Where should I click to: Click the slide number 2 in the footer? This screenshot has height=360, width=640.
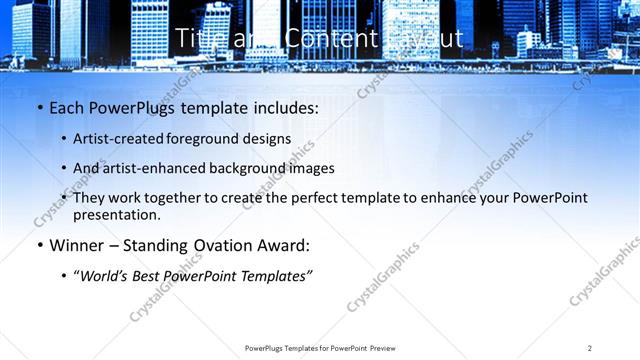click(x=589, y=348)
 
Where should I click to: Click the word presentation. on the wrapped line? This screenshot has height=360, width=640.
click(x=116, y=215)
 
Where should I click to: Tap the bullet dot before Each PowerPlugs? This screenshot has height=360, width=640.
click(x=39, y=108)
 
